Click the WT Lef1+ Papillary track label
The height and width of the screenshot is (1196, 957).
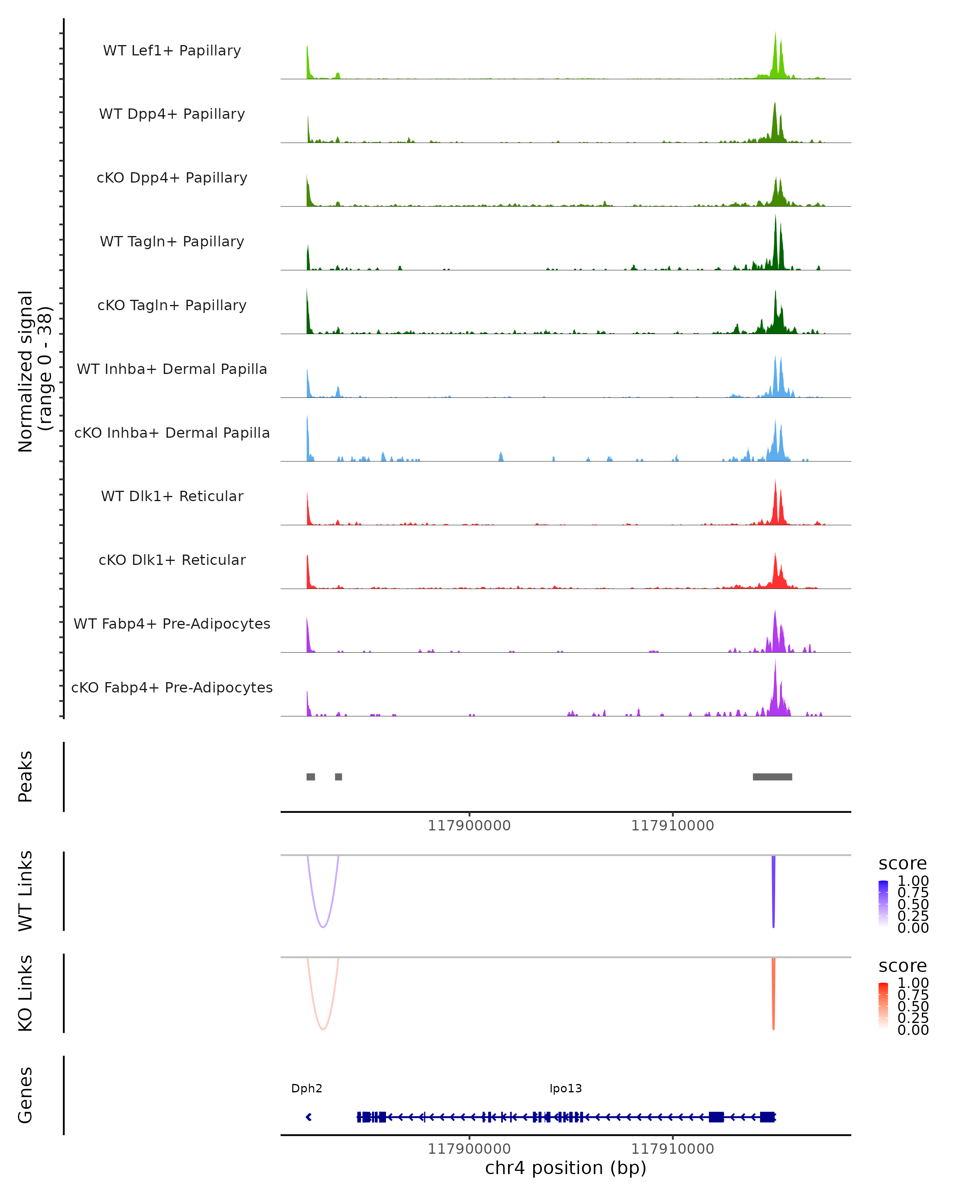coord(172,51)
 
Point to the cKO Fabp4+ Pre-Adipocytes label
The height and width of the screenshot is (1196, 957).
coord(172,687)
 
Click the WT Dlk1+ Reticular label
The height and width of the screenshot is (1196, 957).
coord(172,496)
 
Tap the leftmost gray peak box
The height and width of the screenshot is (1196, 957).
coord(311,777)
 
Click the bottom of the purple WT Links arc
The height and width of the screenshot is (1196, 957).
coord(323,927)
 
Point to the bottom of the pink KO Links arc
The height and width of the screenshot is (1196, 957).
coord(323,1029)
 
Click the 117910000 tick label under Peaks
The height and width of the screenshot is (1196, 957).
coord(672,826)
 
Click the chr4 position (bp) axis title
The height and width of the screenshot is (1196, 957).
coord(565,1168)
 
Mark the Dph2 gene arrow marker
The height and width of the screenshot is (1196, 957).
coord(309,1117)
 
